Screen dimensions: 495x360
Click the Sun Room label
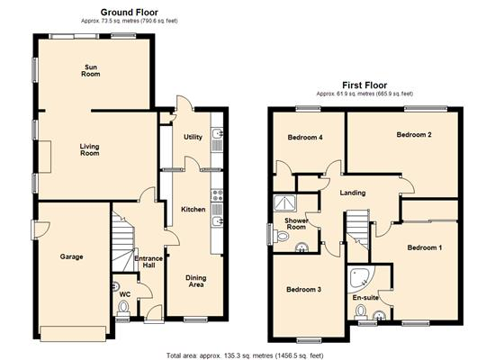[x=91, y=70]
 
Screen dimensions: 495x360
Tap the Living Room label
[x=90, y=149]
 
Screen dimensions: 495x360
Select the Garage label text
[x=72, y=256]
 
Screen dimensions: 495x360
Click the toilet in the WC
[x=122, y=307]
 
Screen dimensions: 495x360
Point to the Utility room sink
[x=217, y=134]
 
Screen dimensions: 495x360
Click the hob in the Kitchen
[x=217, y=195]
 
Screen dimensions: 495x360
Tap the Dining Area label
[x=195, y=281]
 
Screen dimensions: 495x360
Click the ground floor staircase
[x=123, y=242]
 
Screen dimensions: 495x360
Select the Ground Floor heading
[x=129, y=13]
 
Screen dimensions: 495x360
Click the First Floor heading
[x=364, y=85]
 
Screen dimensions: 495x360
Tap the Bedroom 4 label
[x=305, y=138]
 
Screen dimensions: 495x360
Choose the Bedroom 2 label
[x=414, y=134]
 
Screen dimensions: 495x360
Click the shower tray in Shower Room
[x=285, y=203]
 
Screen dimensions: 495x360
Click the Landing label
[x=353, y=193]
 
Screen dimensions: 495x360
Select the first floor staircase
[x=357, y=229]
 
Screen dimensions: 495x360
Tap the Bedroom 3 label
[x=303, y=289]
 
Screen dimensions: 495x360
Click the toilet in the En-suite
[x=360, y=312]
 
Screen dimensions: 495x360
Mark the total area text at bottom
[x=245, y=355]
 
